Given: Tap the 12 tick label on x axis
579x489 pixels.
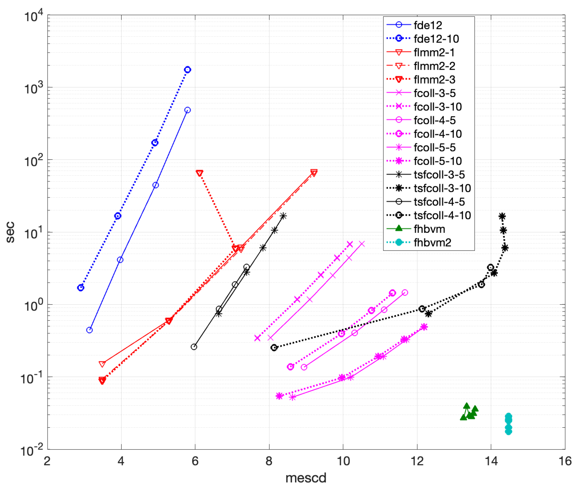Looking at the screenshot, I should (x=417, y=461).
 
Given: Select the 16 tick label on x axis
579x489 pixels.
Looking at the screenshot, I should (x=565, y=461).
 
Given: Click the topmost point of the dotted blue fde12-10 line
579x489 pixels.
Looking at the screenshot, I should (x=188, y=70).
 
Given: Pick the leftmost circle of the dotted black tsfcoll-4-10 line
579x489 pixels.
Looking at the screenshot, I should (x=274, y=348).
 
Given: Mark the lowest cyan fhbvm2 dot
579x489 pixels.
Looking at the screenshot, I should (x=509, y=432).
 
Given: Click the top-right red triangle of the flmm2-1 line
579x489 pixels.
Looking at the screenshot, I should (x=314, y=173).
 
